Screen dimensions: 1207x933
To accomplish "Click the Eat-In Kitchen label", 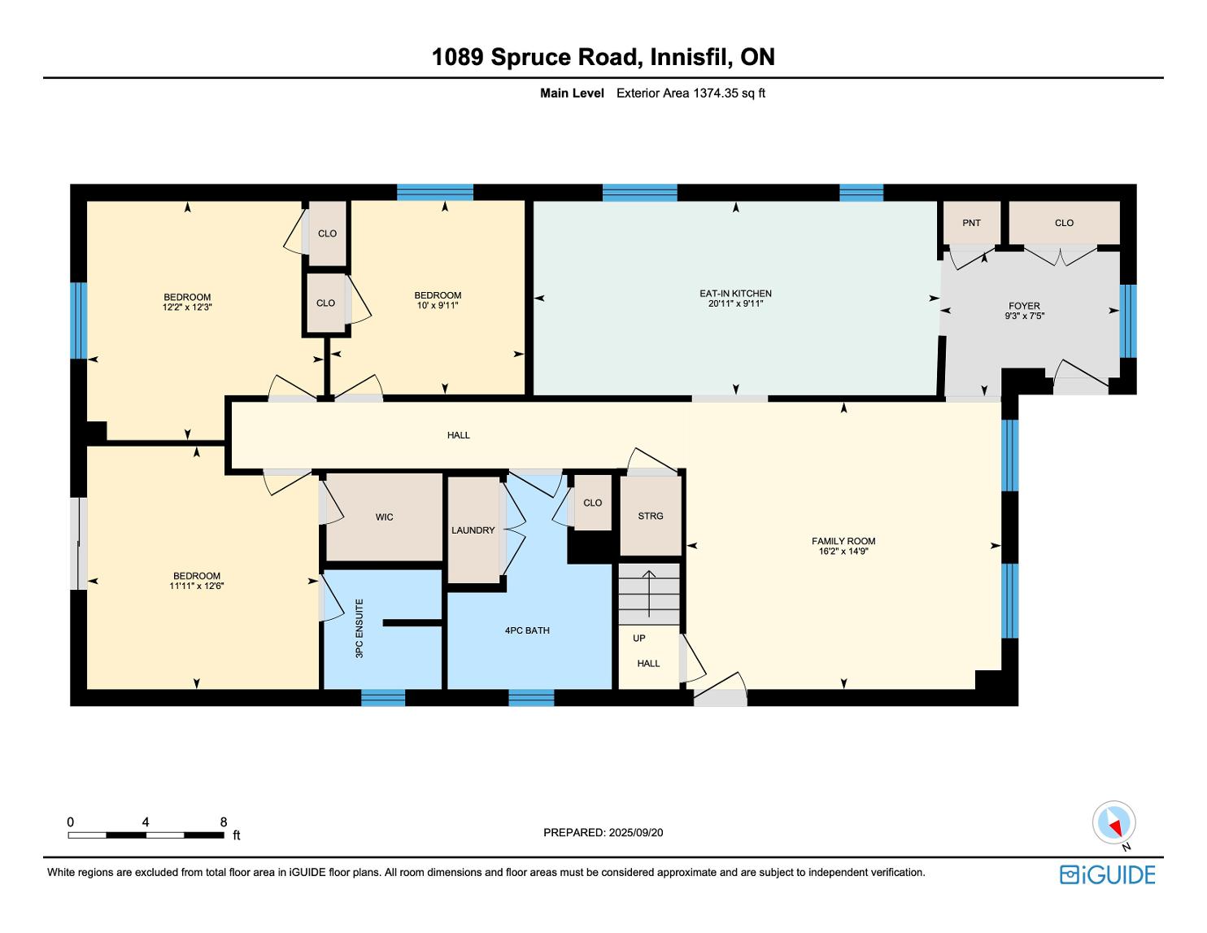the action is [735, 293].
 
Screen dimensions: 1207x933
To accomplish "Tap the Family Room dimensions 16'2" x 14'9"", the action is [843, 552].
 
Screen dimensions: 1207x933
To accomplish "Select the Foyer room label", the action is [1024, 306].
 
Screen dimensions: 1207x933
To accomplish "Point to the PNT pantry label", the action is [971, 223].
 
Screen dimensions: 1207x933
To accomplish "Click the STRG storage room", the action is [651, 516].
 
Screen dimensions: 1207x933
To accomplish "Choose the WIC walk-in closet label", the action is [384, 517].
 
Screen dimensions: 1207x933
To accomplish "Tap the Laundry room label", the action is [473, 530].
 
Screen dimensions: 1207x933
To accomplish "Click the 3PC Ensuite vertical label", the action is [359, 629].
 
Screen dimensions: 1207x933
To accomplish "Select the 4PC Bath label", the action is [527, 630].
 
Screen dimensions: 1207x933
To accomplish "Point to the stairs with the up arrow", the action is [649, 595].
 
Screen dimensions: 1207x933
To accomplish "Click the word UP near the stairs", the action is [638, 638].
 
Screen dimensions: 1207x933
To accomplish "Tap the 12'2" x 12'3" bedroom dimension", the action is [187, 307].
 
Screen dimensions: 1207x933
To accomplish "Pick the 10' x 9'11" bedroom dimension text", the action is [438, 306].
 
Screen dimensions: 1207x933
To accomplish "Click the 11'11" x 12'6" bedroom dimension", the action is [197, 586].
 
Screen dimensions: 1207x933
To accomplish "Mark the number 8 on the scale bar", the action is [224, 822].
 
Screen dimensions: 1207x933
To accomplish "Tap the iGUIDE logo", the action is [1108, 874].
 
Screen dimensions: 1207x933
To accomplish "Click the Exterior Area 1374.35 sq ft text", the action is [691, 94].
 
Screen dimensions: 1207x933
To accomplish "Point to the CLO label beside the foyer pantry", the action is [1064, 223].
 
